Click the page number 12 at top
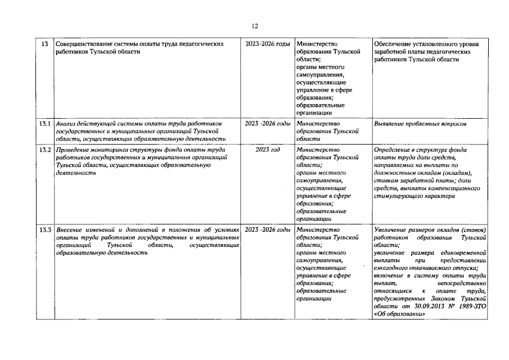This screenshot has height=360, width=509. pos(254,26)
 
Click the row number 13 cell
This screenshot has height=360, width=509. pos(45,43)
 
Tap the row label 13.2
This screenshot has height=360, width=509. pos(45,150)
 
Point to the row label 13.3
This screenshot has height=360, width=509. pos(45,230)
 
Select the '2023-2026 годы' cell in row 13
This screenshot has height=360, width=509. pos(268,43)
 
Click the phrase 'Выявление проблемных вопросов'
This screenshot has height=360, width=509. pos(420,123)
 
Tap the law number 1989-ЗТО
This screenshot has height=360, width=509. pos(471,307)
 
